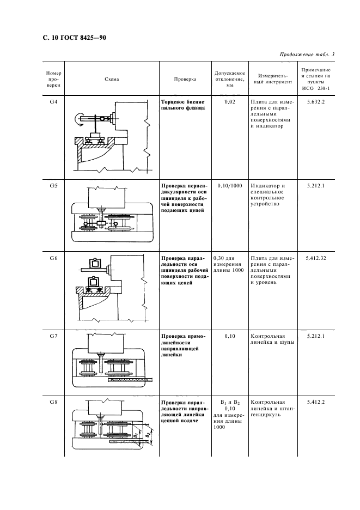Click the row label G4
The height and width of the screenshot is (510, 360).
[x=53, y=102]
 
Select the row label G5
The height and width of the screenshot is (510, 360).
[x=53, y=186]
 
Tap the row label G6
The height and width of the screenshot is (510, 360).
[x=53, y=258]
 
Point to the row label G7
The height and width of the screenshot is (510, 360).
[x=53, y=336]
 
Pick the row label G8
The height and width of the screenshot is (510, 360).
[x=53, y=402]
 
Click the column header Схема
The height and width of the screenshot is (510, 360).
[x=112, y=79]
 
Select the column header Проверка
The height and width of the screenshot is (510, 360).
[x=185, y=79]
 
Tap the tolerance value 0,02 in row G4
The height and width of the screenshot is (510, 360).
[x=230, y=102]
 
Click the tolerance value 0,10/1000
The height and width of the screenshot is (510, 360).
[x=230, y=186]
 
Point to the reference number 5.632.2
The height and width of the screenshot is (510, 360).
[x=316, y=102]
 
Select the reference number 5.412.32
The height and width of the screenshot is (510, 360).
[x=316, y=258]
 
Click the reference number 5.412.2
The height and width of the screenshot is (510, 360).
[x=316, y=402]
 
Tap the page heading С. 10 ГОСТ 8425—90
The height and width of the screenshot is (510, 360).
[x=75, y=38]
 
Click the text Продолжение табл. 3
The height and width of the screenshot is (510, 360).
[x=307, y=54]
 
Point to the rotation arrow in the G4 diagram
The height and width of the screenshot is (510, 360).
[x=78, y=119]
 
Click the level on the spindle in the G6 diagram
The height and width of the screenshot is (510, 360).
[x=95, y=263]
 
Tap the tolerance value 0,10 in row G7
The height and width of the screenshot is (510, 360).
[x=230, y=336]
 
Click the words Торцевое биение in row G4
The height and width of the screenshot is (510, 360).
[x=183, y=102]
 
